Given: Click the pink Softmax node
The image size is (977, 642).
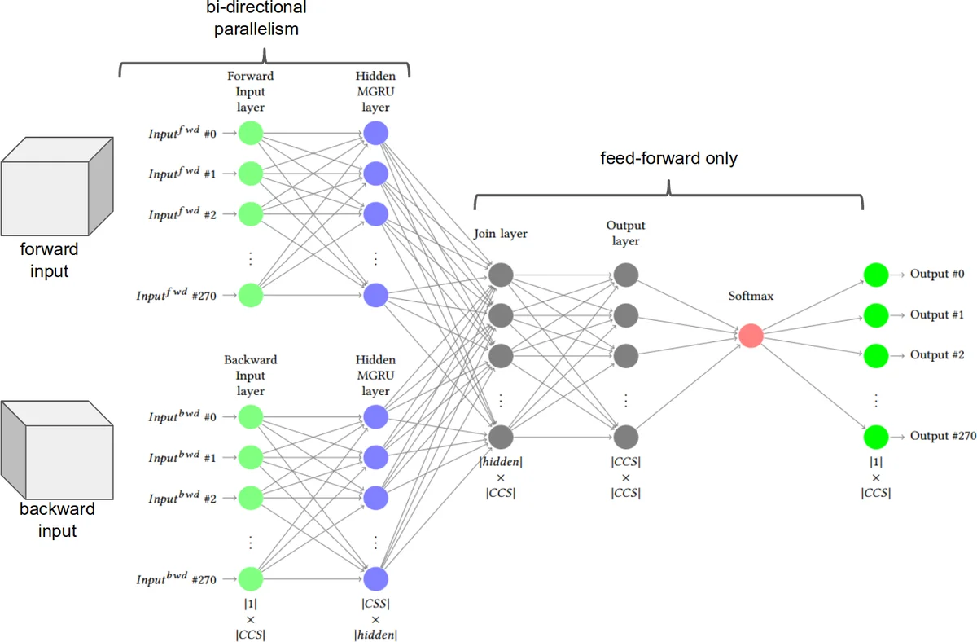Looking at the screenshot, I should (751, 335).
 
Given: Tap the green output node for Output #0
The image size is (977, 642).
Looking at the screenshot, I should (875, 275).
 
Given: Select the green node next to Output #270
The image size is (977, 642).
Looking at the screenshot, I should (875, 436).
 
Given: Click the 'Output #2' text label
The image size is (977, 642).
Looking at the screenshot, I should (937, 355).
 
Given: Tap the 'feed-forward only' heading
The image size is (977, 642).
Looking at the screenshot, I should (668, 158).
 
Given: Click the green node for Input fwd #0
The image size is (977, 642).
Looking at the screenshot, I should (250, 133).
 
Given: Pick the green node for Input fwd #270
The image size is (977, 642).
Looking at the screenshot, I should (250, 295).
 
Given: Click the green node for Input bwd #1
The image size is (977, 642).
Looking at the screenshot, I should (250, 457).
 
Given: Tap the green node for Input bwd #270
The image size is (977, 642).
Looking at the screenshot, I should (250, 578).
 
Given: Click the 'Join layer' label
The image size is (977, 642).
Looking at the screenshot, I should (501, 234).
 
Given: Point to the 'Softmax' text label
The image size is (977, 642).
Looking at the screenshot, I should (751, 297).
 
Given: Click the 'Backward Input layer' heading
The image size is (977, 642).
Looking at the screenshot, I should (250, 376).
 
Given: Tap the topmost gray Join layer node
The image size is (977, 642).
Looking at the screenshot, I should (501, 275).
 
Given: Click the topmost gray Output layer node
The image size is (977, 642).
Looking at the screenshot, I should (625, 275).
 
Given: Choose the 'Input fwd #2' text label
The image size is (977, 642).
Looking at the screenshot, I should (182, 214).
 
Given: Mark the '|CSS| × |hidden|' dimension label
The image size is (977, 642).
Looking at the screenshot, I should (375, 619).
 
